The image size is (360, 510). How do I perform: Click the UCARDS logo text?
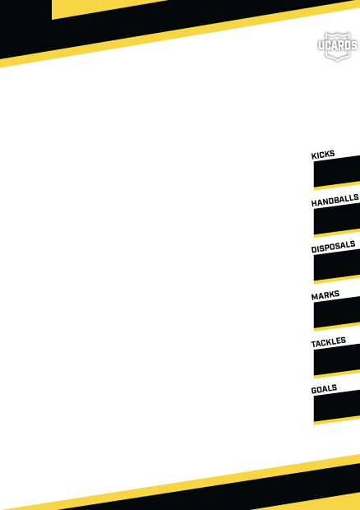[338, 46]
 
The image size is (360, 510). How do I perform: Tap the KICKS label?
[323, 155]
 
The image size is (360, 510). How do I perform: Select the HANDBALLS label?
[335, 201]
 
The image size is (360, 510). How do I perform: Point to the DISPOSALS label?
[333, 247]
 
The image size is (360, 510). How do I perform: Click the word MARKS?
[325, 294]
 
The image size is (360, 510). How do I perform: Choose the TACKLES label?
[328, 342]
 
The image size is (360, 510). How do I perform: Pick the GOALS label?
[324, 389]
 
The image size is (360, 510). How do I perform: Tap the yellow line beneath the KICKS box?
[337, 186]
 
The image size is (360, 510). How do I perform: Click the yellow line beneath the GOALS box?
[337, 420]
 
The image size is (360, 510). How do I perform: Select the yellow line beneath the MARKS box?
[337, 327]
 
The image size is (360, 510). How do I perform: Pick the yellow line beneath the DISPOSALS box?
[337, 280]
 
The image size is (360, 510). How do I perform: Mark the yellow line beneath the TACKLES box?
[337, 374]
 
